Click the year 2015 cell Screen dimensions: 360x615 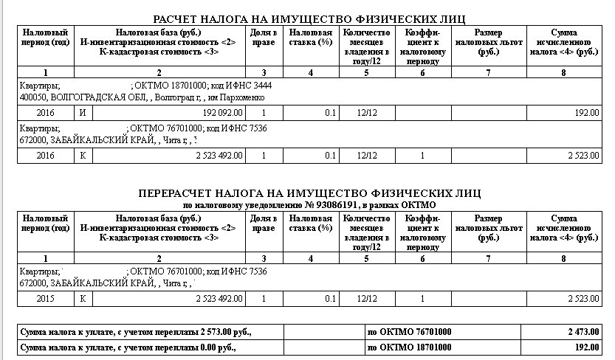coord(46,299)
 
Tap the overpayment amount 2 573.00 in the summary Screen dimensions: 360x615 coord(219,332)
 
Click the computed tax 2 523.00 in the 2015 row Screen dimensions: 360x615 coord(583,299)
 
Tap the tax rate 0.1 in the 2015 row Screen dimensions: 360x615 coord(331,299)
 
